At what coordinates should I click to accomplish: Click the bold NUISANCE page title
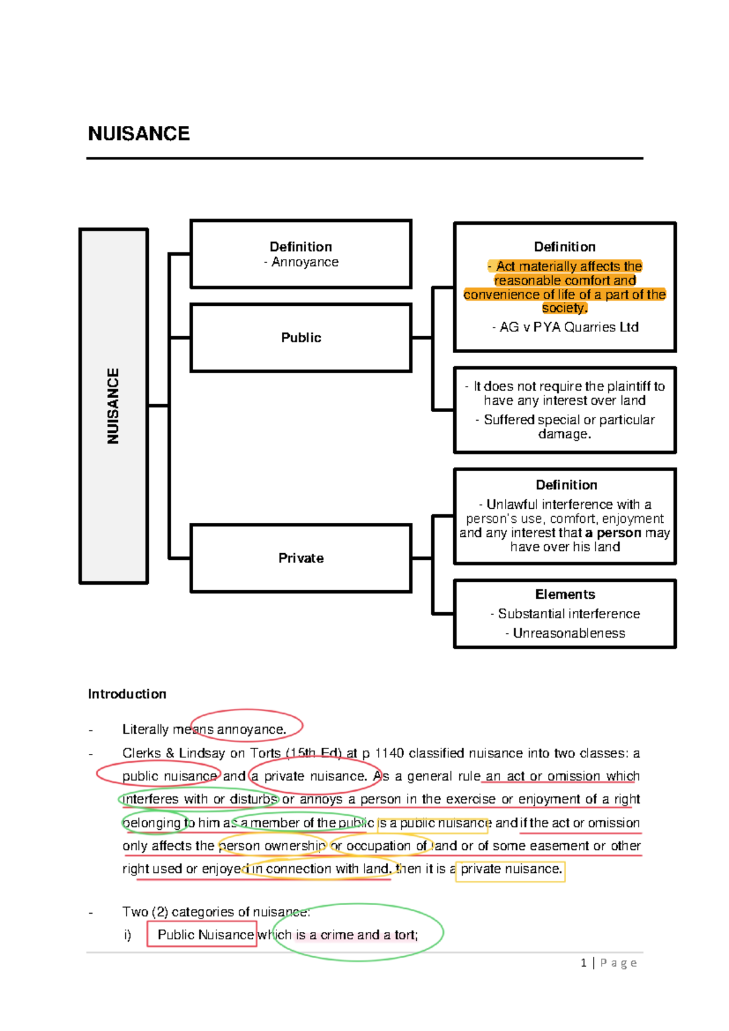click(139, 134)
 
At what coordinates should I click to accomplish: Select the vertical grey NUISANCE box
click(114, 405)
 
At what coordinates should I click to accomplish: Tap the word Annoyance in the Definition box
click(305, 262)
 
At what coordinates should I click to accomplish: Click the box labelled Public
click(301, 337)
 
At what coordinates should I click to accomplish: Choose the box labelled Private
click(301, 558)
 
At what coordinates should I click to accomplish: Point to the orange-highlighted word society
click(564, 308)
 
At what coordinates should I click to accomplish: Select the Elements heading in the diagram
click(565, 594)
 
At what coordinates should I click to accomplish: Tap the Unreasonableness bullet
click(569, 633)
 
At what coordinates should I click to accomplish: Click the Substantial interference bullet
click(569, 613)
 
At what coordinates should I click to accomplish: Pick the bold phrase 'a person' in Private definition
click(613, 533)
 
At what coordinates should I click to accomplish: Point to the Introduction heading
click(127, 694)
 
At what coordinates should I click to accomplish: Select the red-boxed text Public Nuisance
click(205, 934)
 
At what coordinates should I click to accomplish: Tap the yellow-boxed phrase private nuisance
click(511, 869)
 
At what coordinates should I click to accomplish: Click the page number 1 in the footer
click(584, 962)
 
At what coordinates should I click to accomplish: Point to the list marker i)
click(128, 935)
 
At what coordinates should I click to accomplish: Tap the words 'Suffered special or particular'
click(569, 419)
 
